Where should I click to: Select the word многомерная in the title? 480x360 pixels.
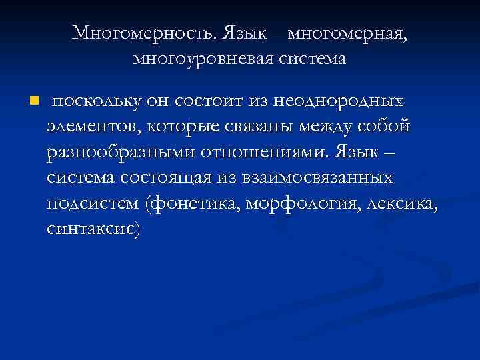[349, 33]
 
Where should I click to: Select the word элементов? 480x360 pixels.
[90, 127]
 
